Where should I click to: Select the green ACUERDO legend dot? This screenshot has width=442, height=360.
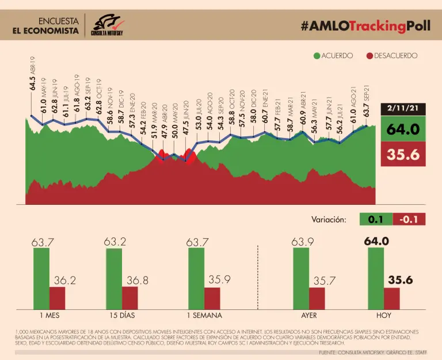pos(316,56)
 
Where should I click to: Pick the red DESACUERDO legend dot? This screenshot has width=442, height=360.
pos(369,56)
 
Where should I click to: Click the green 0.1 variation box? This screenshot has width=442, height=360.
pos(375,219)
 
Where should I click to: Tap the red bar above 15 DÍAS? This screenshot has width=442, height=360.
pos(130,298)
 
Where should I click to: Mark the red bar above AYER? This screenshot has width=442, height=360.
pos(317,298)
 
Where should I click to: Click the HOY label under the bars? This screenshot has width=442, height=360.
pos(383,316)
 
